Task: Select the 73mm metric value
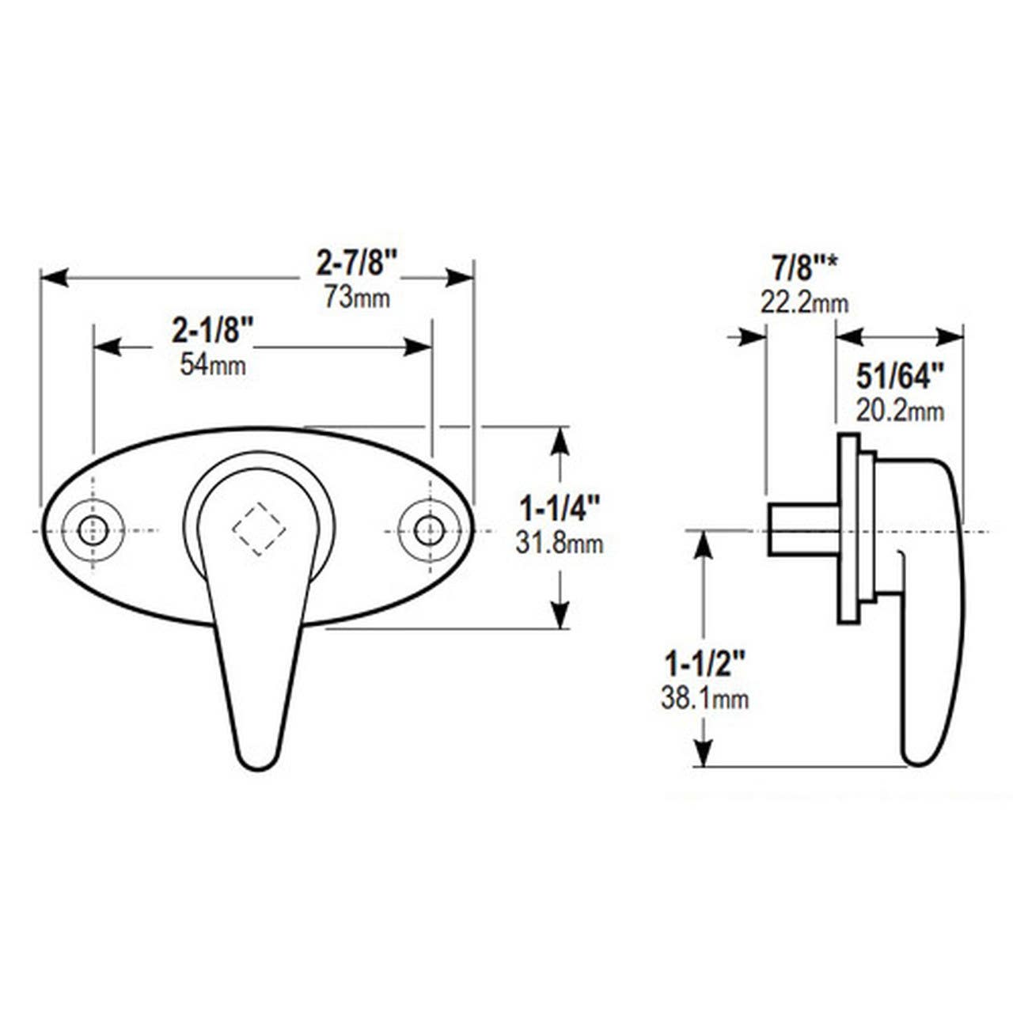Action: [x=356, y=298]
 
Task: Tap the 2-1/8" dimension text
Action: [x=212, y=330]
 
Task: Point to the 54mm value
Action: [x=212, y=365]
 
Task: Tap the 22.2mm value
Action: [x=804, y=302]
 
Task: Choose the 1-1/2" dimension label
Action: [x=704, y=662]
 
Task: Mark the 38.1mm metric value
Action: [x=704, y=698]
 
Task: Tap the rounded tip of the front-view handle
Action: [x=256, y=756]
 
